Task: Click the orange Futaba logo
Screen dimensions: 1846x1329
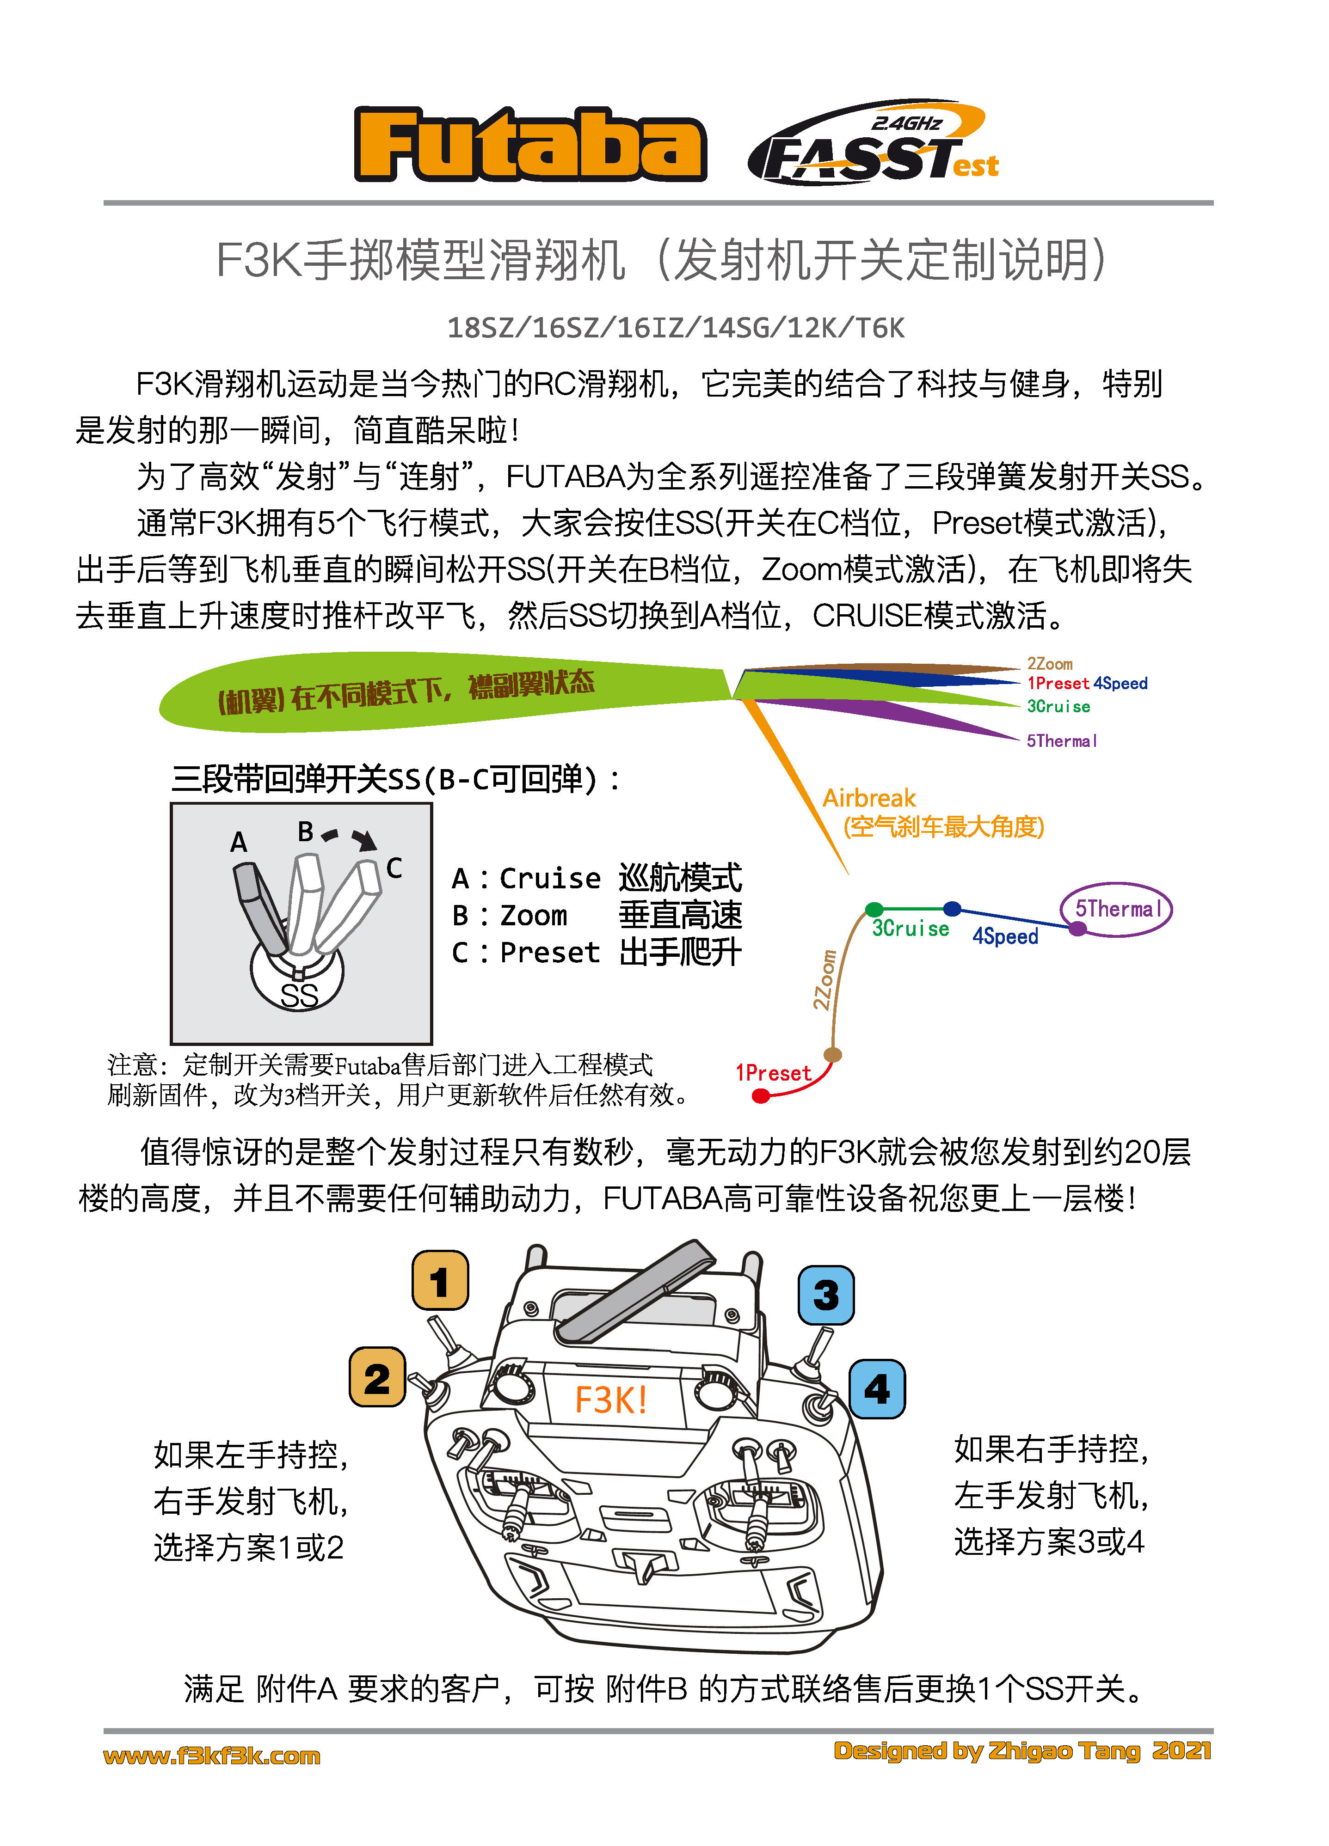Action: [530, 145]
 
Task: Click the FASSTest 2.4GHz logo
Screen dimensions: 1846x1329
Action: [873, 144]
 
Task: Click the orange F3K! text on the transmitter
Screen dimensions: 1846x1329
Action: [611, 1400]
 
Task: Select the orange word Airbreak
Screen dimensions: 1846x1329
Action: [869, 798]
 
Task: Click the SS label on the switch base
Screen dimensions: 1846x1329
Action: [299, 995]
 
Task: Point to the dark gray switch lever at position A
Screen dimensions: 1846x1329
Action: [259, 906]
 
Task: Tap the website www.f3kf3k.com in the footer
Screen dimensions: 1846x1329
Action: [212, 1756]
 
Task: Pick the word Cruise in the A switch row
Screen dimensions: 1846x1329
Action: [550, 878]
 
